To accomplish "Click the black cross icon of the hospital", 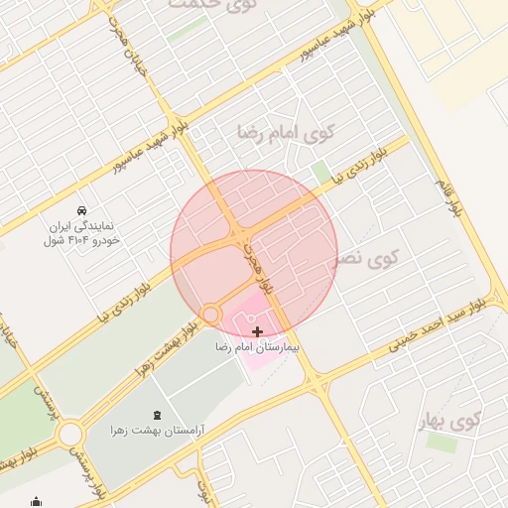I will pos(258,331).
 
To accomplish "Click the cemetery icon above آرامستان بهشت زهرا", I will pos(159,415).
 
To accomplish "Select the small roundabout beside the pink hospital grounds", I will pos(210,315).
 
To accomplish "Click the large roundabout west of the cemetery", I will pos(69,433).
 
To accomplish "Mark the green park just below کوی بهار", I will pos(442,443).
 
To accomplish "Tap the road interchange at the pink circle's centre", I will pos(240,237).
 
